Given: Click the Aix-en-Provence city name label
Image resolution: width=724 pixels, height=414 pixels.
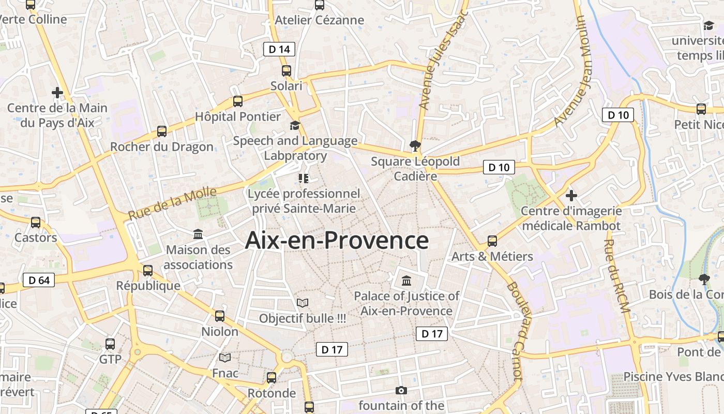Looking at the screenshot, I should click(337, 241).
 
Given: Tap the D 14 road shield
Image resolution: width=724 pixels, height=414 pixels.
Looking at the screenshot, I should click(279, 49).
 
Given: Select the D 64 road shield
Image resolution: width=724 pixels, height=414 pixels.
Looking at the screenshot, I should click(39, 280).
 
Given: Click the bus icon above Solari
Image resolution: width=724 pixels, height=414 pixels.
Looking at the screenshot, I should click(286, 71).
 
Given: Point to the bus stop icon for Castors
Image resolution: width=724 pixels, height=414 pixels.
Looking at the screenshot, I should click(36, 223).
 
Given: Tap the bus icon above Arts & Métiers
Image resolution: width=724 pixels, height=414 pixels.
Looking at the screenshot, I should click(492, 241).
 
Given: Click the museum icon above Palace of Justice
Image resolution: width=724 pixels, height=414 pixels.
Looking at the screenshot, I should click(406, 281).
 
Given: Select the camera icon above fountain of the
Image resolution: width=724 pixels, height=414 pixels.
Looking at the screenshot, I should click(401, 390).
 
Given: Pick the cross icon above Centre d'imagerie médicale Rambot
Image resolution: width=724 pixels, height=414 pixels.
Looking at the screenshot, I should click(571, 196).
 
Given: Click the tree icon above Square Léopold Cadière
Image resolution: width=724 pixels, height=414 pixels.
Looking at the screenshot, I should click(415, 146).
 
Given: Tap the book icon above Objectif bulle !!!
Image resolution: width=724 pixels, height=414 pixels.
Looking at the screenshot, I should click(303, 303).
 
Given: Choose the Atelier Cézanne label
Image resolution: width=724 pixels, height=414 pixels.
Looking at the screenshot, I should click(320, 20).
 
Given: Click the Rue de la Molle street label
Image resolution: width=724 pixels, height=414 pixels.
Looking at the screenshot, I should click(172, 203).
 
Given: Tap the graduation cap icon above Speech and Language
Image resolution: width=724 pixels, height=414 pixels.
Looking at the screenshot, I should click(295, 125).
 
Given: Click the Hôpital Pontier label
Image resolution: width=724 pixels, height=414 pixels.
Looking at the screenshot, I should click(237, 116).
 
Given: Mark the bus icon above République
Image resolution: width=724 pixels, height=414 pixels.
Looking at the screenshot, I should click(148, 270).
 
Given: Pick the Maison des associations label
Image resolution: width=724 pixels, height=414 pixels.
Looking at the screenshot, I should click(198, 257).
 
